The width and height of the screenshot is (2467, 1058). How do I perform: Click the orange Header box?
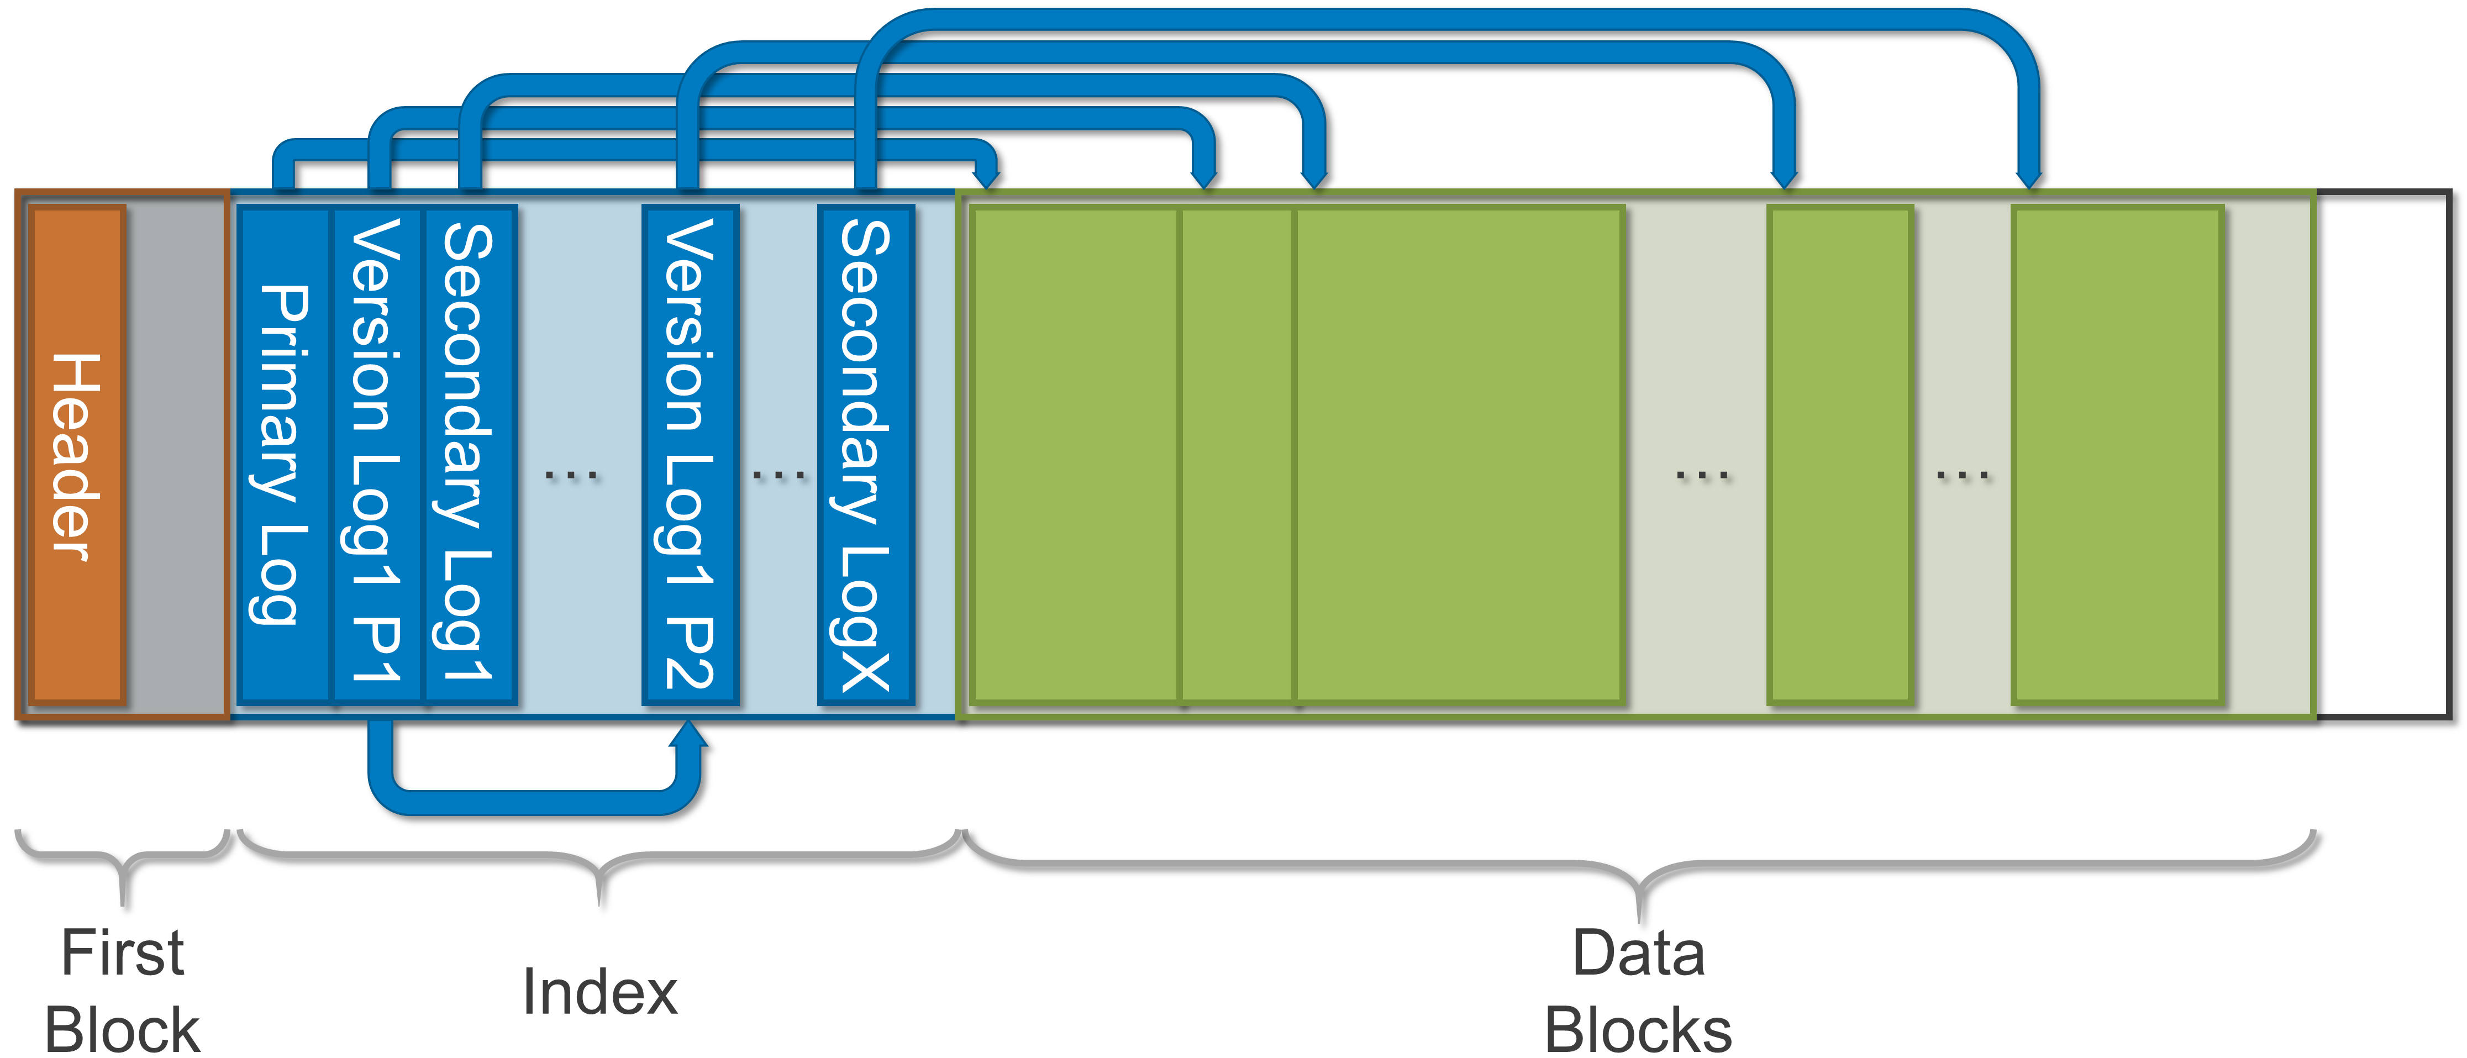pos(77,455)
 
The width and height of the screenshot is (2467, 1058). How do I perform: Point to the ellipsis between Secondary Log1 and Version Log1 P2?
pos(572,474)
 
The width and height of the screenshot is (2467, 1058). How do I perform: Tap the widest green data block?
pos(1458,455)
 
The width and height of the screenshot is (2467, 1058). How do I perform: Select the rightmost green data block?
pos(2117,455)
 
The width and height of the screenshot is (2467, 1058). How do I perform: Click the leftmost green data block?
pos(1075,455)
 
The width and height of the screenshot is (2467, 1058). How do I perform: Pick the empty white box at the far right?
pos(2382,455)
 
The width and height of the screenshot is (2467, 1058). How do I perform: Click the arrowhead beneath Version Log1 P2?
pos(688,735)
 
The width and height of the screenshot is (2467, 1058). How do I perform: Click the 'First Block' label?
pos(123,991)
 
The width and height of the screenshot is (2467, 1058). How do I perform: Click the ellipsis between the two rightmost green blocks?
pos(1963,474)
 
